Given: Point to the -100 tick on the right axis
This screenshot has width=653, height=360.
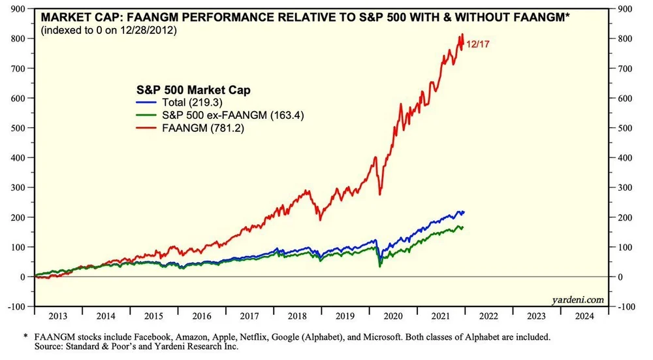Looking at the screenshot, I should (629, 306).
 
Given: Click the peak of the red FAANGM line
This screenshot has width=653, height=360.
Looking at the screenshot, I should (462, 35).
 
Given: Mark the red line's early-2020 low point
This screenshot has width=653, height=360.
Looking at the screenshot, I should (380, 194).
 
